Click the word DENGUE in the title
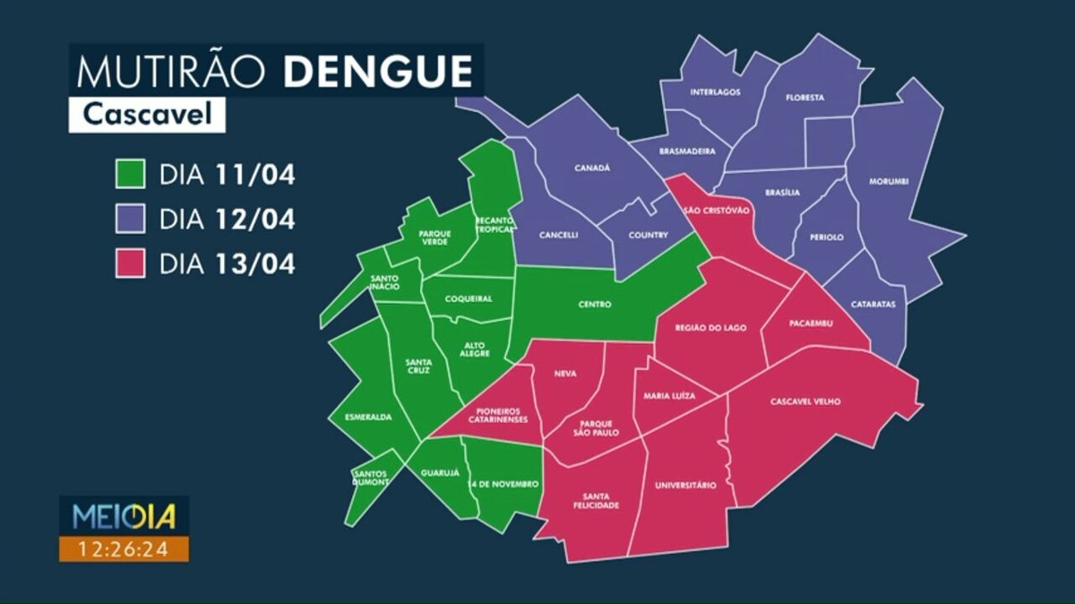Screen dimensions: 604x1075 378,71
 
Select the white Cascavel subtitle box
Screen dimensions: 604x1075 147,115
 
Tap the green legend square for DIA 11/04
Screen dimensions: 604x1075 130,175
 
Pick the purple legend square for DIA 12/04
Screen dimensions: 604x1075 130,220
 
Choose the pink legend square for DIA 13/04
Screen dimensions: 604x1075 130,264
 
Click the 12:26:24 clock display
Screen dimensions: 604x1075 124,548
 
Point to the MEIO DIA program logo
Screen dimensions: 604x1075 124,516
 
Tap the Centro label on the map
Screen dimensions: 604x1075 594,305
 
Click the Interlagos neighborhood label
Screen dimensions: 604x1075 715,92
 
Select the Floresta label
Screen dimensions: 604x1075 804,98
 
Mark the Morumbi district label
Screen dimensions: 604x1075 889,182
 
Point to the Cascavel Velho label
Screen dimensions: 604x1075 805,401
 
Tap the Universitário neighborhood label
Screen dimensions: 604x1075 685,485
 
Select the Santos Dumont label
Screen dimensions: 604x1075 371,478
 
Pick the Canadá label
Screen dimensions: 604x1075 591,168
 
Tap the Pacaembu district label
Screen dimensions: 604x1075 812,323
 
